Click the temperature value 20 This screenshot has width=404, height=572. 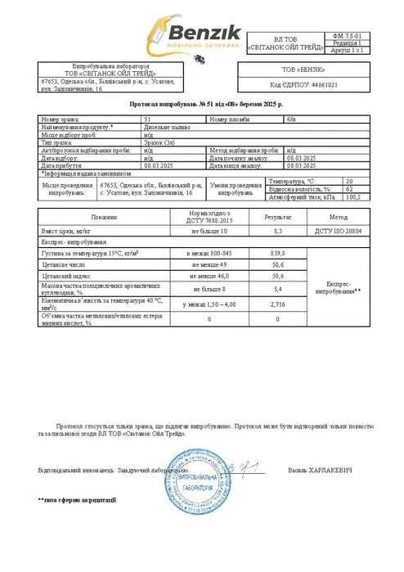(x=349, y=158)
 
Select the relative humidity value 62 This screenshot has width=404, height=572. (x=349, y=166)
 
